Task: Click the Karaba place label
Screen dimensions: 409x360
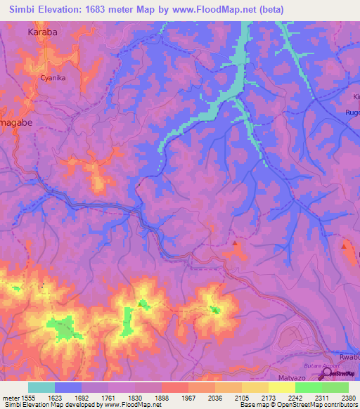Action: pyautogui.click(x=41, y=32)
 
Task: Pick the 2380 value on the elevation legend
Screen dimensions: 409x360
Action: pyautogui.click(x=349, y=397)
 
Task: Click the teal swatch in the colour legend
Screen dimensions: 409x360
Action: pyautogui.click(x=41, y=387)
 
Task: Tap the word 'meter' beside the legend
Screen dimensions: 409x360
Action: pyautogui.click(x=10, y=397)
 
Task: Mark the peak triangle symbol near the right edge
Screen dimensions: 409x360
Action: pyautogui.click(x=345, y=245)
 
